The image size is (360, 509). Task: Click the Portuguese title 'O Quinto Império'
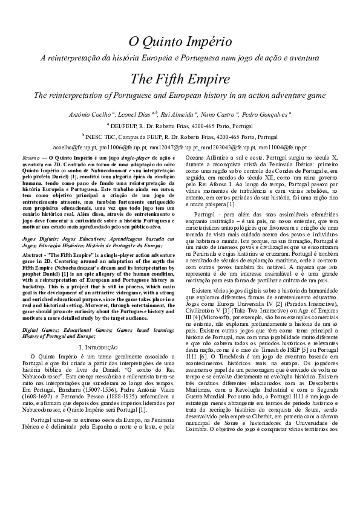[180, 42]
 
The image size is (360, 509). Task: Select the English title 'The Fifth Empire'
[180, 79]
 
